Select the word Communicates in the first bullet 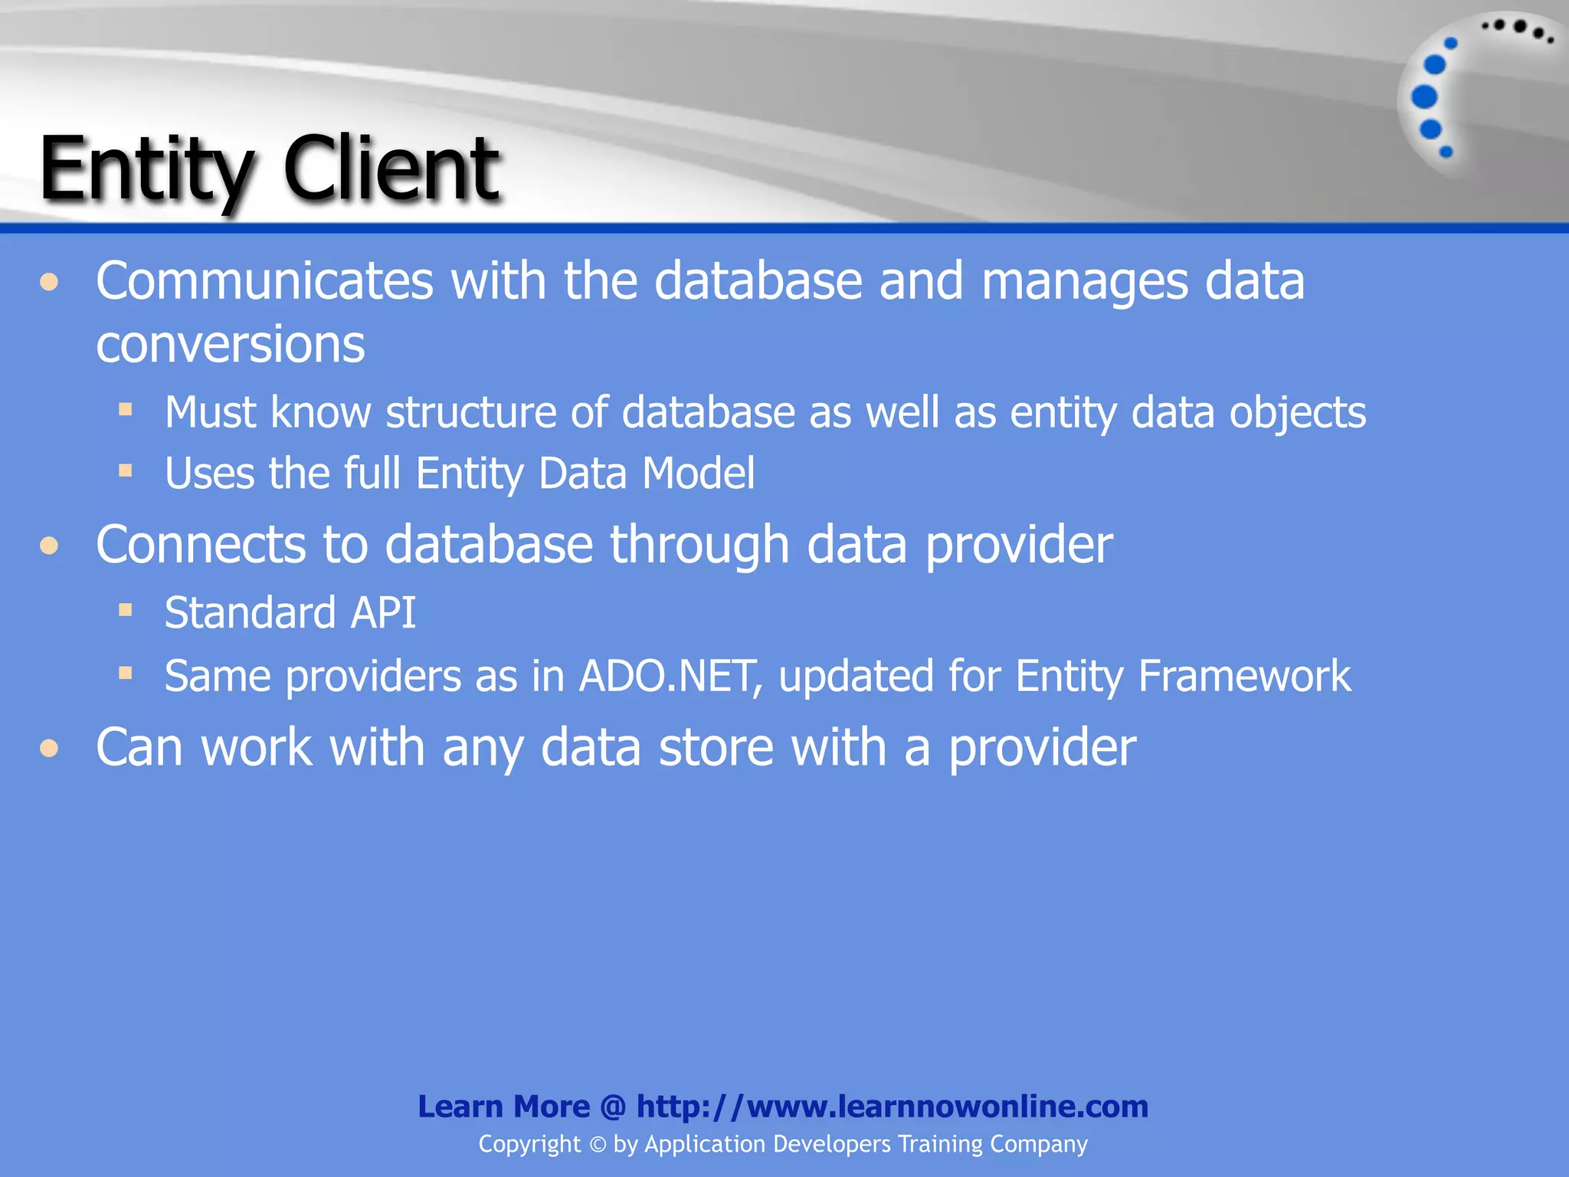pos(264,281)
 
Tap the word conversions pos(230,345)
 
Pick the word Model pos(698,473)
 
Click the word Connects pos(200,545)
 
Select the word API pos(382,613)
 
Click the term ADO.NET pos(670,677)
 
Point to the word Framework pos(1244,677)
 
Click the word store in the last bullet pos(716,747)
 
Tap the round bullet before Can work pos(50,748)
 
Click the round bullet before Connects pos(50,546)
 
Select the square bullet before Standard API pos(126,611)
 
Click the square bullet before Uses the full pos(126,470)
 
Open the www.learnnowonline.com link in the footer pos(893,1107)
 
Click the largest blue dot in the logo pos(1424,97)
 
